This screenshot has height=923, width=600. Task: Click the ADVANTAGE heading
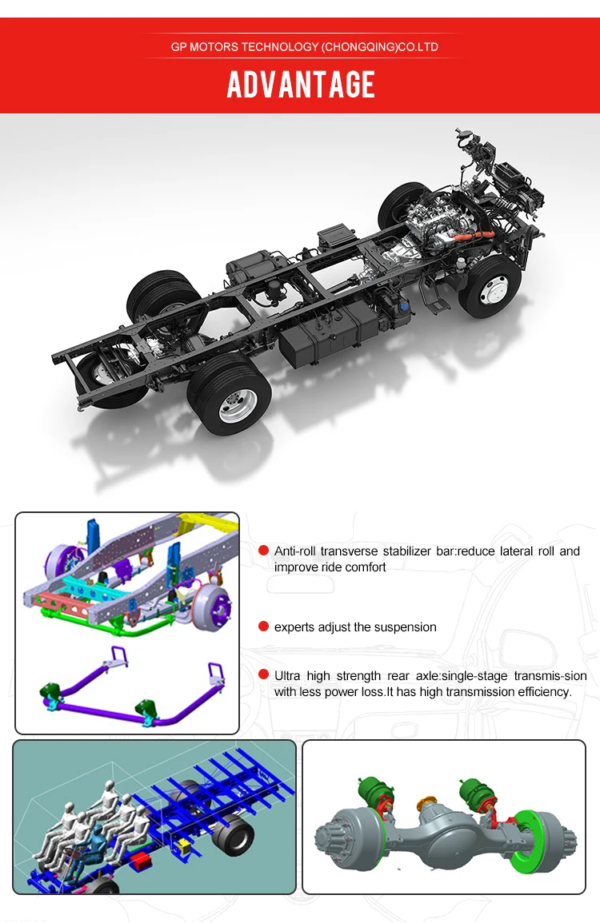(x=301, y=85)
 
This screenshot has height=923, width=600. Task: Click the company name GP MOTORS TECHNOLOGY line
(x=304, y=47)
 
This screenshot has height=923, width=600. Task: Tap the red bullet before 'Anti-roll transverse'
(x=263, y=551)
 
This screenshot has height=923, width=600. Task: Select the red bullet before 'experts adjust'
(x=263, y=627)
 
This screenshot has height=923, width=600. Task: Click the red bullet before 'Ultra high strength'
(x=263, y=675)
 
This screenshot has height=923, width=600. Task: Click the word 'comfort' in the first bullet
(x=366, y=567)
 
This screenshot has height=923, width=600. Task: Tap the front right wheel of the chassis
(x=490, y=285)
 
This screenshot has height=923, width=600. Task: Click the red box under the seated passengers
(x=143, y=860)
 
